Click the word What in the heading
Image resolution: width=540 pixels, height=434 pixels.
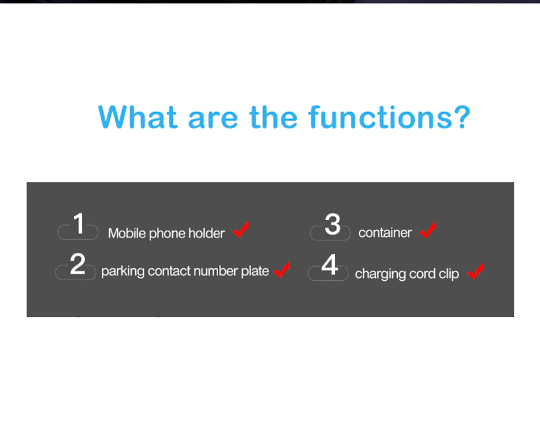click(x=138, y=117)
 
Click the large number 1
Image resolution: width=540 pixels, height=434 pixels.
click(x=79, y=224)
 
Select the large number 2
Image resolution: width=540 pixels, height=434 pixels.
click(x=77, y=264)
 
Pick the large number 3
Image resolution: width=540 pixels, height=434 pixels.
click(x=333, y=224)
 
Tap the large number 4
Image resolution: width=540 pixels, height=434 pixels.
click(x=330, y=265)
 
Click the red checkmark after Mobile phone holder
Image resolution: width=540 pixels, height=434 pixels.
click(x=241, y=230)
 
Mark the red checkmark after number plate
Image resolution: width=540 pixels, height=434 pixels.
click(x=282, y=270)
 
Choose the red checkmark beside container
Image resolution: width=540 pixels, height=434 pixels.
click(x=427, y=230)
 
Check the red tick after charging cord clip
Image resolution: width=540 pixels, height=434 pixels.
click(x=476, y=271)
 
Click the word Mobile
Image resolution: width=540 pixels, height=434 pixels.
click(x=127, y=233)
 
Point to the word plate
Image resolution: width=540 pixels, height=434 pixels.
click(x=255, y=271)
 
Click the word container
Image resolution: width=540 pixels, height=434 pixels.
click(x=385, y=233)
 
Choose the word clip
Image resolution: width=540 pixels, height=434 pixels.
click(x=448, y=274)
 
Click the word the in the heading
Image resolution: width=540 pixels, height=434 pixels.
click(x=273, y=117)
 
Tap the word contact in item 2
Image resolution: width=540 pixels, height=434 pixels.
click(x=169, y=271)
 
